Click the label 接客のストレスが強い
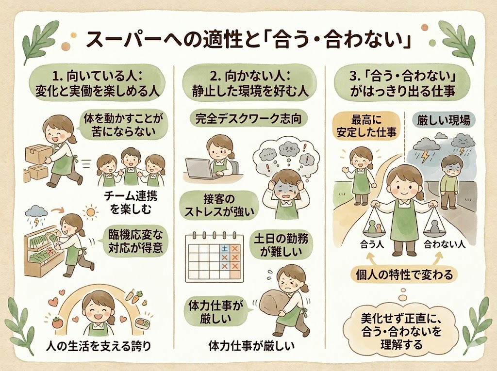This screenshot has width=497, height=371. point(219,206)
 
